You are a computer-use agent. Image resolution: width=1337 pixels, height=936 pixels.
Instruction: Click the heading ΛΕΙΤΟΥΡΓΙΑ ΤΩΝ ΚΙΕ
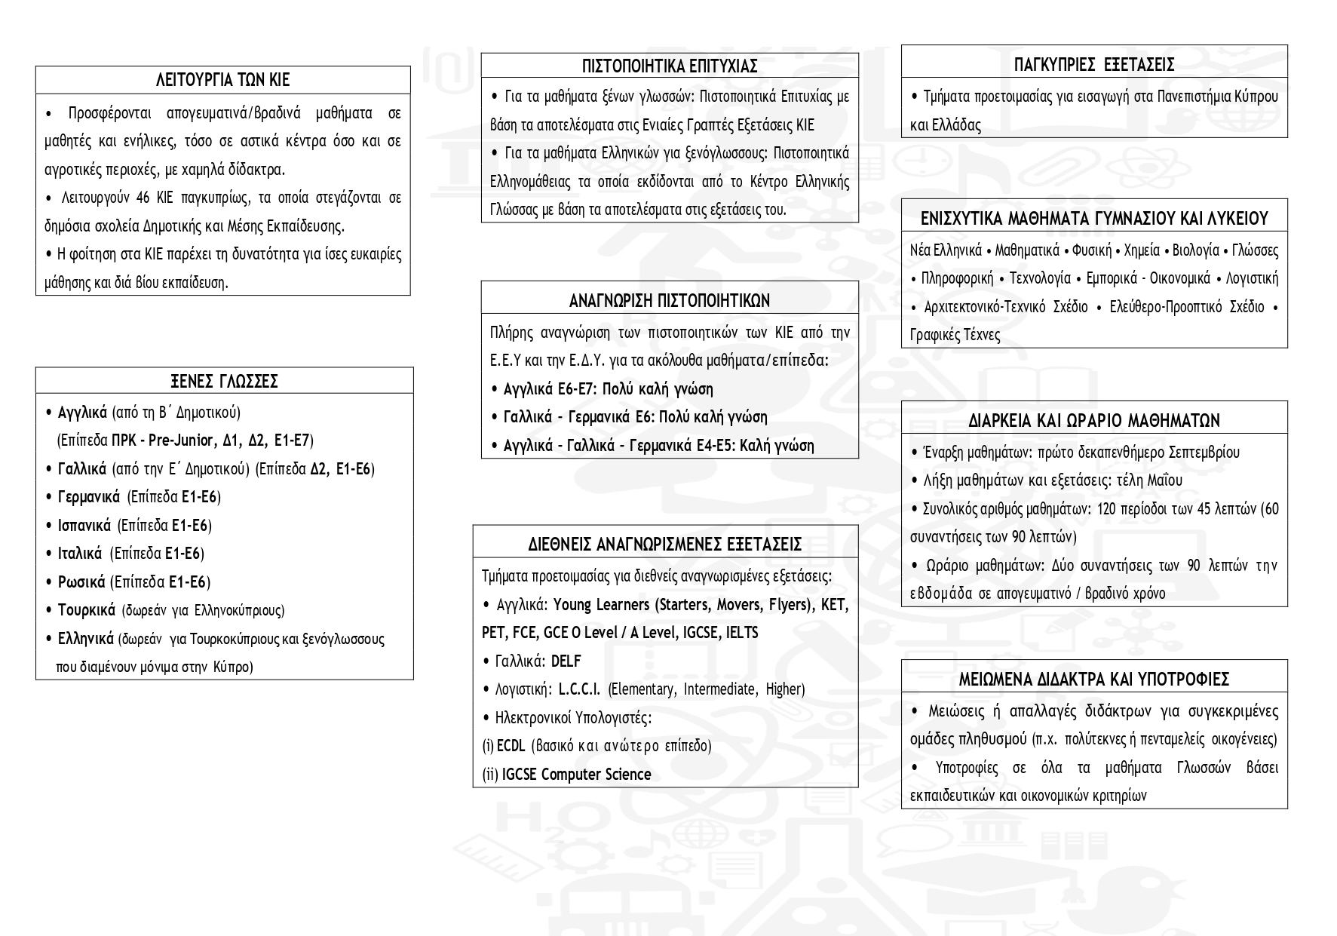click(222, 80)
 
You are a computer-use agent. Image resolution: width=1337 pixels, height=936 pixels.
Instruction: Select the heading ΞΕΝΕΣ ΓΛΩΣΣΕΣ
click(224, 381)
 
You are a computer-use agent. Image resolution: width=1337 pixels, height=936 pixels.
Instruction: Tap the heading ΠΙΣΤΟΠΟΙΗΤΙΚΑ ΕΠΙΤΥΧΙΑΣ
click(670, 66)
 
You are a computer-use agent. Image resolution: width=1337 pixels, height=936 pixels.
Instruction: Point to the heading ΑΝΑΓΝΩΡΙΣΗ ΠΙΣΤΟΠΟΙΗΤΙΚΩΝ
click(670, 301)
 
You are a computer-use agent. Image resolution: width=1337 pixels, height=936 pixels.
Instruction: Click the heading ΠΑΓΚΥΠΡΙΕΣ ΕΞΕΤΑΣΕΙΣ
click(1094, 64)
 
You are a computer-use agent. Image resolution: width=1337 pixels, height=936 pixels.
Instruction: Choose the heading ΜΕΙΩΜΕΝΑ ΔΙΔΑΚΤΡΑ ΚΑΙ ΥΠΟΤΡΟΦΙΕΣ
click(1094, 679)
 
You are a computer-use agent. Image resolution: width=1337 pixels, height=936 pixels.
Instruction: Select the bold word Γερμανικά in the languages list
click(88, 496)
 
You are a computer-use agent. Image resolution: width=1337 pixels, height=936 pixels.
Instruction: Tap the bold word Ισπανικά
click(84, 525)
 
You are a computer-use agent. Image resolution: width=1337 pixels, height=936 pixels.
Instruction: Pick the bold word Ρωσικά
click(81, 582)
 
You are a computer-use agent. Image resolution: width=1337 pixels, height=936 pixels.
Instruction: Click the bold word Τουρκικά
click(86, 609)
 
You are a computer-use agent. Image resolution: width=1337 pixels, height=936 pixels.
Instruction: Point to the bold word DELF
click(566, 661)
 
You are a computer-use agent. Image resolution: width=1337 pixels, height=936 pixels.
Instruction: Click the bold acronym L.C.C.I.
click(579, 689)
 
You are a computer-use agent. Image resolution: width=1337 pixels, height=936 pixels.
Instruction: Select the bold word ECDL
click(511, 746)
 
